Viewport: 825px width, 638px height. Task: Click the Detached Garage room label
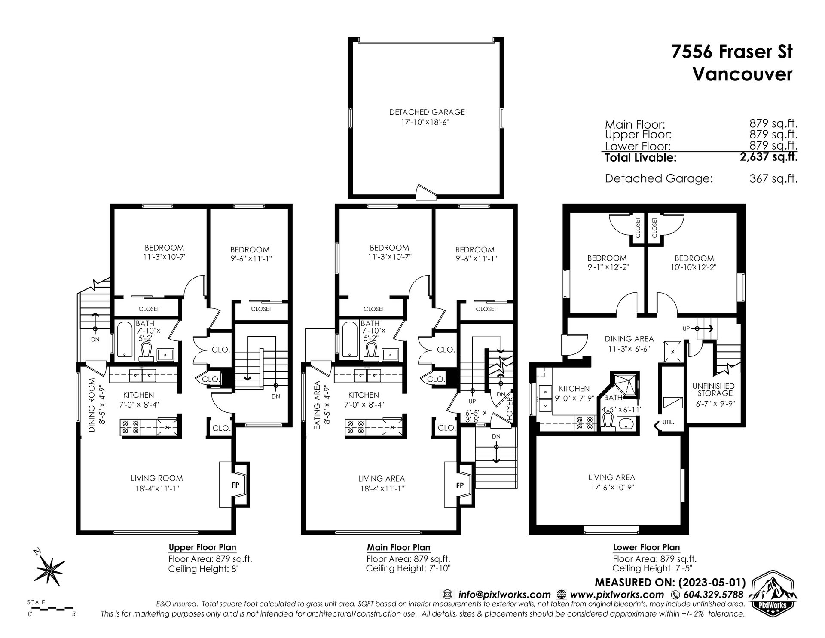(427, 112)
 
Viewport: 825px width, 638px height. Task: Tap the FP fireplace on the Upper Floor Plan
(235, 485)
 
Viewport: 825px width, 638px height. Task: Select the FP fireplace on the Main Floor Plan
(460, 485)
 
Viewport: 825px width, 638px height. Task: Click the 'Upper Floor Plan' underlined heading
(202, 547)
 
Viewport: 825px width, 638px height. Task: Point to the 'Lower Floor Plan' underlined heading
(646, 547)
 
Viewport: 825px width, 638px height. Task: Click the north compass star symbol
(51, 571)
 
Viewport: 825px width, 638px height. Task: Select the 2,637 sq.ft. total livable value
(768, 157)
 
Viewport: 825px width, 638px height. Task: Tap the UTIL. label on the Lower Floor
(668, 422)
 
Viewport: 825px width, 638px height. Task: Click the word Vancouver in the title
(743, 74)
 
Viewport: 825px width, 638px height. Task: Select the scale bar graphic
(52, 608)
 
